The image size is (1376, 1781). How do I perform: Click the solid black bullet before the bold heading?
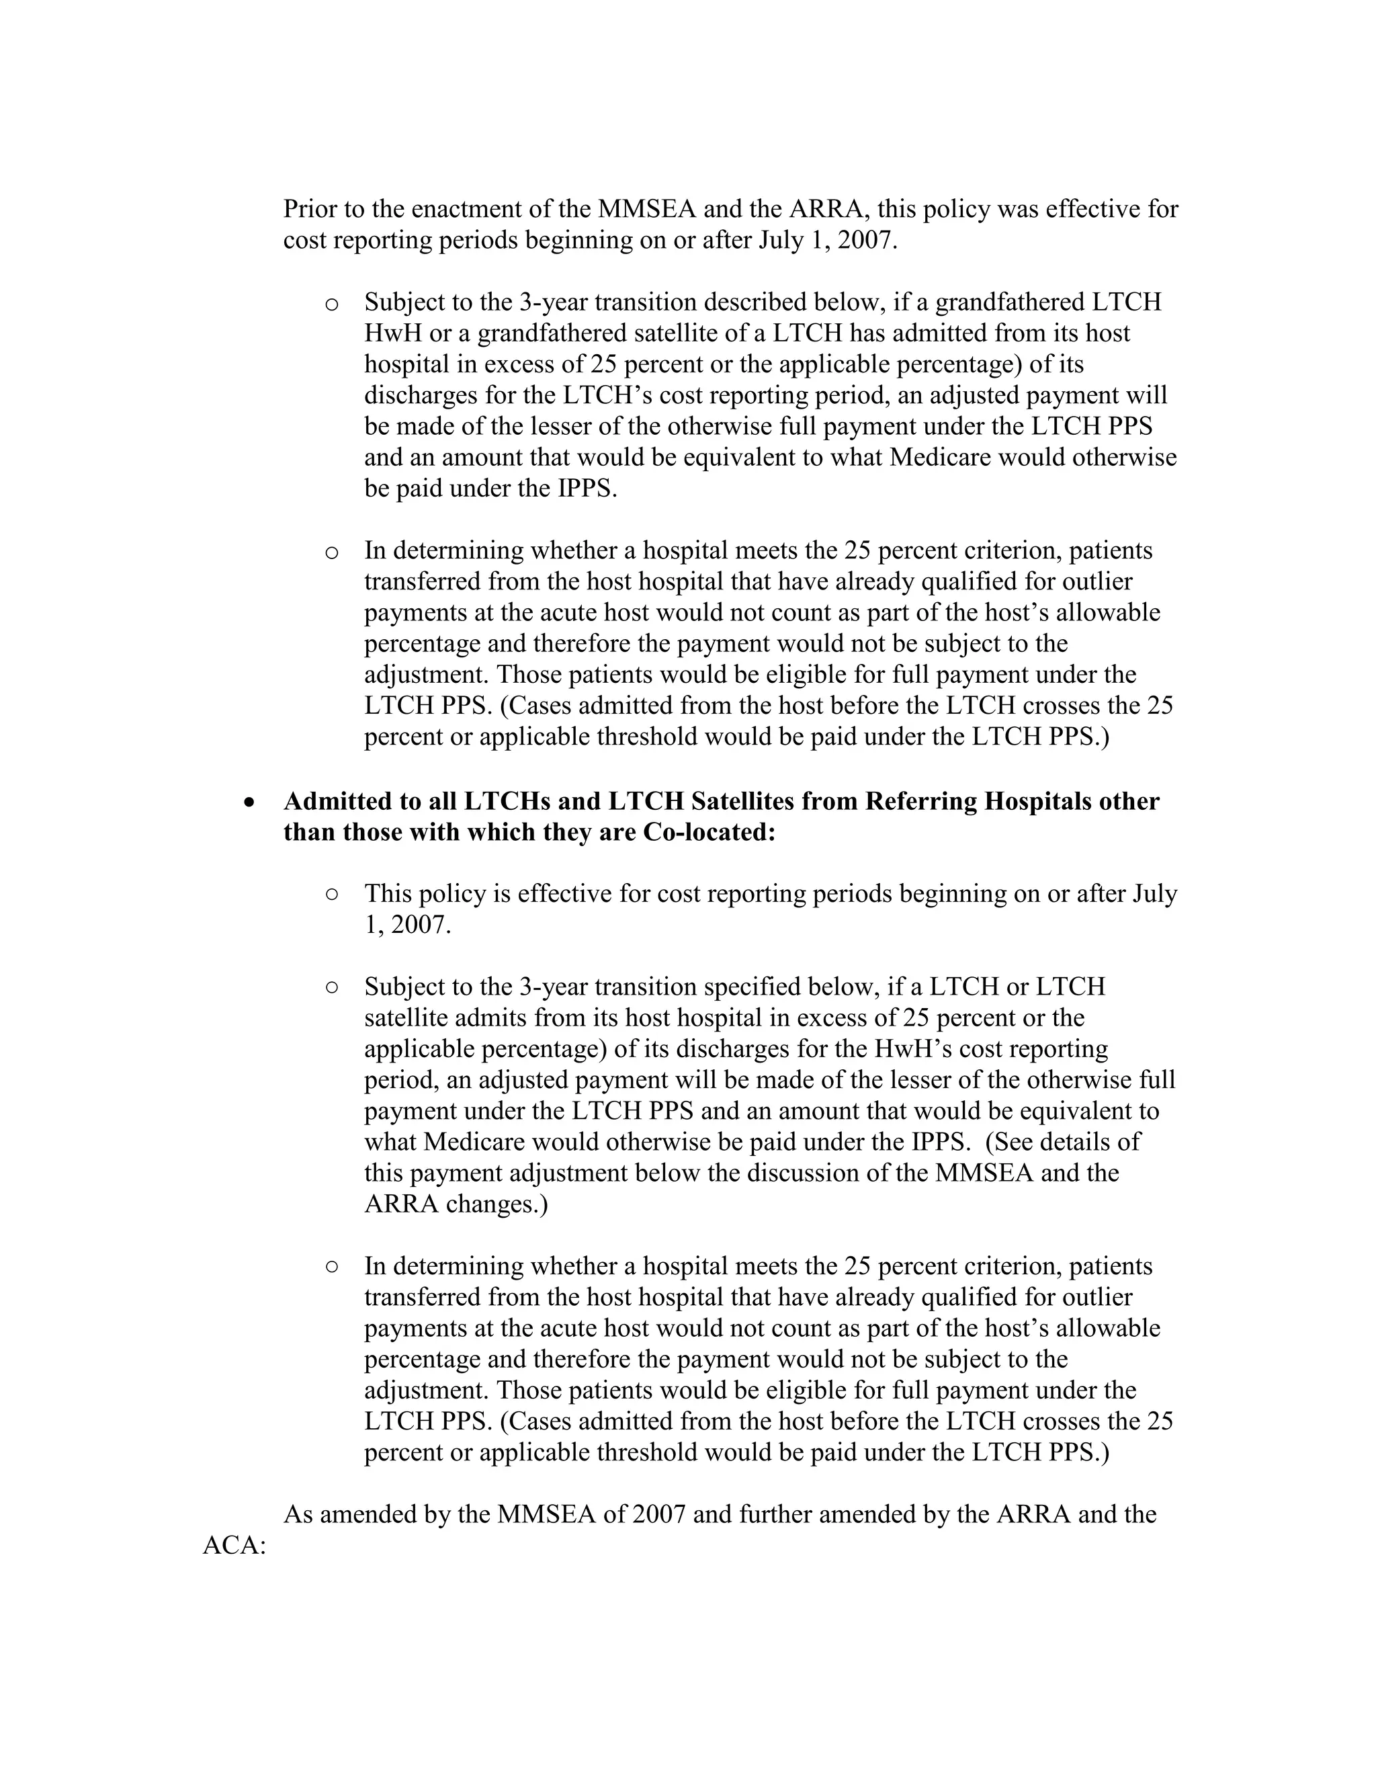click(250, 802)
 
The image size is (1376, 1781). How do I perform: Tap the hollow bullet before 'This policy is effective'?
click(332, 895)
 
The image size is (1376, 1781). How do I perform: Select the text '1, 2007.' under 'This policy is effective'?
click(406, 925)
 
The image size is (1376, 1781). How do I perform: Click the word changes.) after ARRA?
click(497, 1204)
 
